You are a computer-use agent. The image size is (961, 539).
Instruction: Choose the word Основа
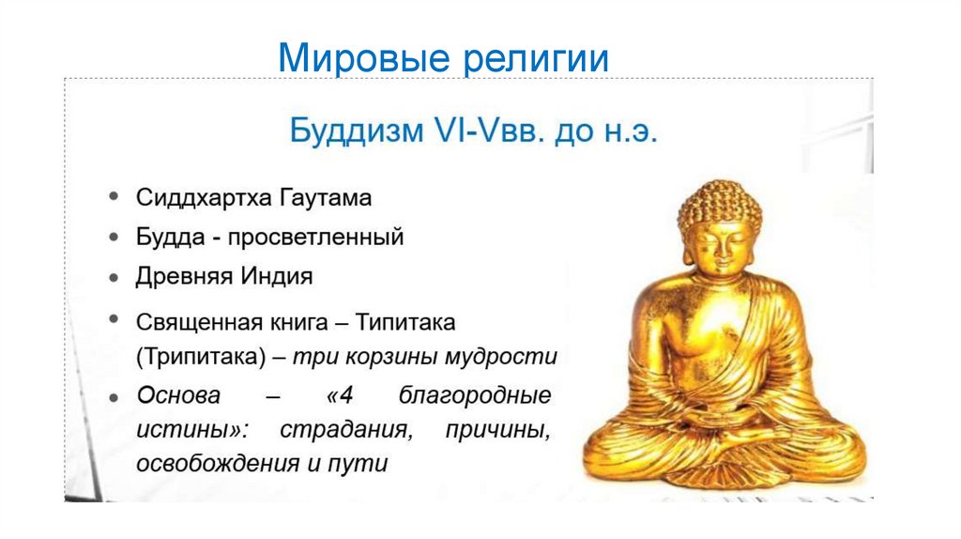(177, 394)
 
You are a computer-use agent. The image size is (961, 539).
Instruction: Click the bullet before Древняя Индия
(114, 278)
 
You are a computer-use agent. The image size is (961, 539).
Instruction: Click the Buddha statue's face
(719, 246)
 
